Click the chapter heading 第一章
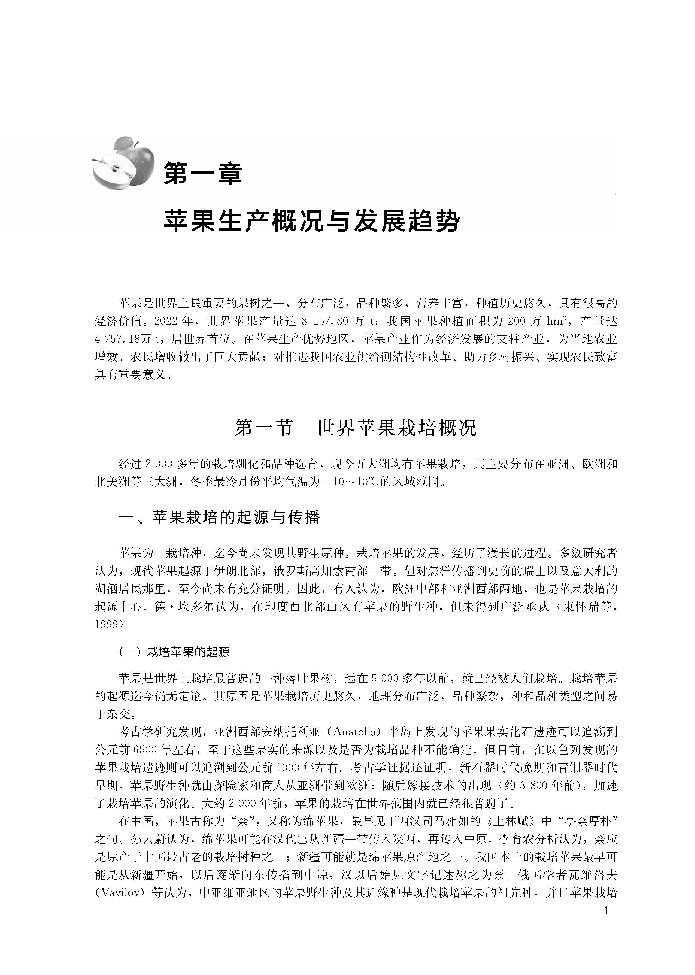tap(203, 173)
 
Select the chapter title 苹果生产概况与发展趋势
tap(312, 222)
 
